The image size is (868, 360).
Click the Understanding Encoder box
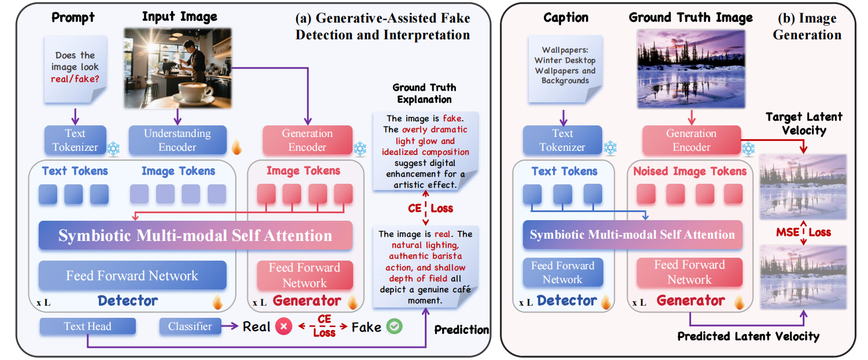[x=177, y=140]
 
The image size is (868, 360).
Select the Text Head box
[x=87, y=326]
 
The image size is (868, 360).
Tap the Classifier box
[x=190, y=326]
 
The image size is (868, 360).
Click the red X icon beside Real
[x=283, y=326]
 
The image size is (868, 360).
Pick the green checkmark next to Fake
[x=395, y=326]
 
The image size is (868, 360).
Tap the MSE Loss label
[x=803, y=232]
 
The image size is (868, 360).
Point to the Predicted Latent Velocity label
[x=748, y=336]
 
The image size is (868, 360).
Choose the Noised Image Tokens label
[x=689, y=171]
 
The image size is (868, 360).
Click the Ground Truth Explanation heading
[x=424, y=93]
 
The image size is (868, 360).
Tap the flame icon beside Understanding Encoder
[x=236, y=147]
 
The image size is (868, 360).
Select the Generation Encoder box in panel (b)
[x=691, y=140]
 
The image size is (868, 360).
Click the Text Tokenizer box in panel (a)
[x=75, y=140]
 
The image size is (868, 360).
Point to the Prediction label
[x=461, y=329]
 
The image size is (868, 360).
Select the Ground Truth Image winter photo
[x=690, y=69]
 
